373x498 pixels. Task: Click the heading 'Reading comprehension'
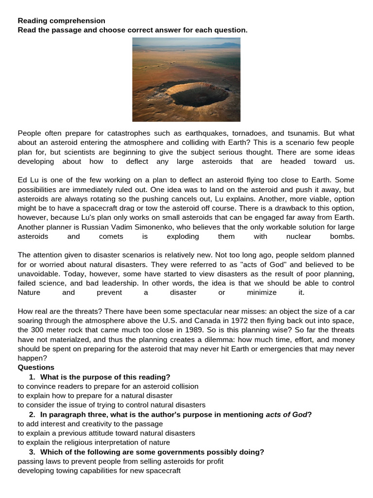(x=61, y=21)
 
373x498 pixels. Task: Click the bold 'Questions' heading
(x=36, y=368)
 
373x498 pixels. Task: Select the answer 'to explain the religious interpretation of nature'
(x=94, y=443)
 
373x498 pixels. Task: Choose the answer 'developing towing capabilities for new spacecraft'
(x=99, y=471)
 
